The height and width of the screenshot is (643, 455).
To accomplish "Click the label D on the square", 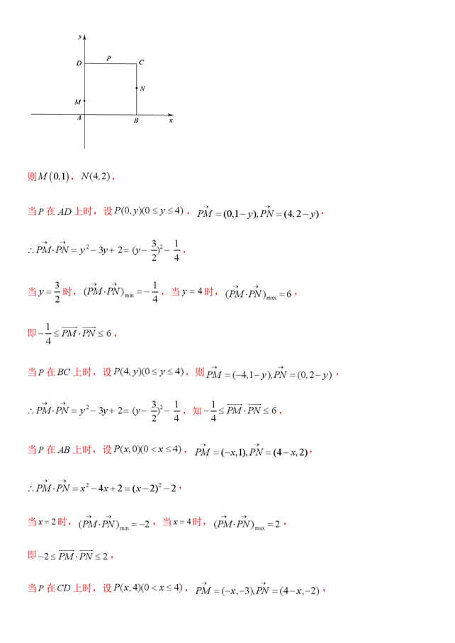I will coord(79,64).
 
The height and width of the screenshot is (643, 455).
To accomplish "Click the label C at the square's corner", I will coord(142,62).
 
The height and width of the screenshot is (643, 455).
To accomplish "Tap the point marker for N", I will coord(137,88).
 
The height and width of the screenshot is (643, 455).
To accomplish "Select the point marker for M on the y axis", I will coord(84,101).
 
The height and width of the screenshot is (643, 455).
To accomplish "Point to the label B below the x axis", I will coord(136,121).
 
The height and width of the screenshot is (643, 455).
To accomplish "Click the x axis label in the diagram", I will coord(171,121).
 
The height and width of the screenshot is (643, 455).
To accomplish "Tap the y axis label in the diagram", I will coord(82,35).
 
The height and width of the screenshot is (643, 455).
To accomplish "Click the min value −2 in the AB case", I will coord(142,525).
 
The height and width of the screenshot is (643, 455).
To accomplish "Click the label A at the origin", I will coord(79,118).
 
